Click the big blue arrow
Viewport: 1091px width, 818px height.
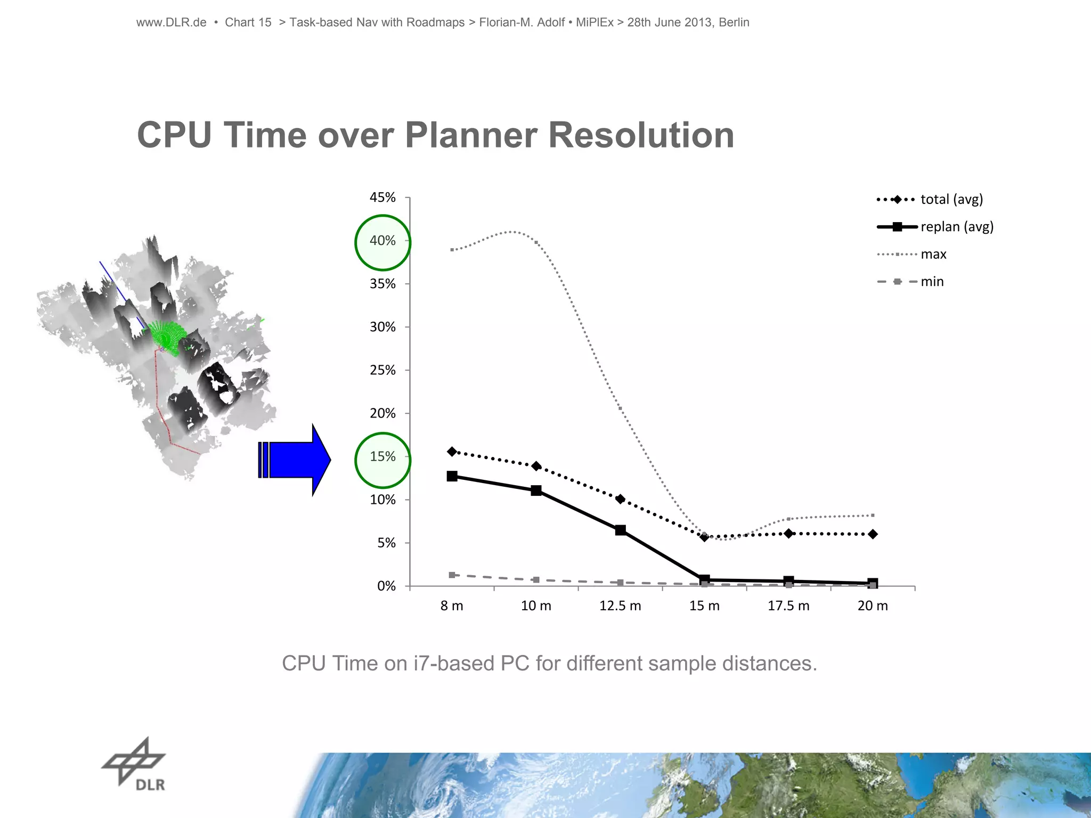click(x=296, y=460)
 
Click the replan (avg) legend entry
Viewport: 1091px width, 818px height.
click(x=935, y=227)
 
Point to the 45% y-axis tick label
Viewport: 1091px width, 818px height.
click(x=382, y=198)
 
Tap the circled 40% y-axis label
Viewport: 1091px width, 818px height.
click(x=382, y=241)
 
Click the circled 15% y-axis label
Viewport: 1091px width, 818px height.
click(x=382, y=457)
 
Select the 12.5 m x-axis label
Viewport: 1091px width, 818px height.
click(x=620, y=606)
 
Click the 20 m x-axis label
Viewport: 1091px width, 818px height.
click(x=873, y=606)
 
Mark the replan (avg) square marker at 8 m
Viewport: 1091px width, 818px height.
click(x=452, y=476)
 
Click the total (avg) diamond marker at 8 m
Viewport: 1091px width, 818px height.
click(x=452, y=452)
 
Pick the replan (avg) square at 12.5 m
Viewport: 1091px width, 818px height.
click(x=620, y=530)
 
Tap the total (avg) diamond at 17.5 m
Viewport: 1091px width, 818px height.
click(x=788, y=534)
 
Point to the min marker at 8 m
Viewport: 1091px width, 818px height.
click(x=452, y=575)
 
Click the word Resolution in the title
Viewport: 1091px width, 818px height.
click(x=641, y=135)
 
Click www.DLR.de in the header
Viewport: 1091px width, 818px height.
click(x=171, y=22)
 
